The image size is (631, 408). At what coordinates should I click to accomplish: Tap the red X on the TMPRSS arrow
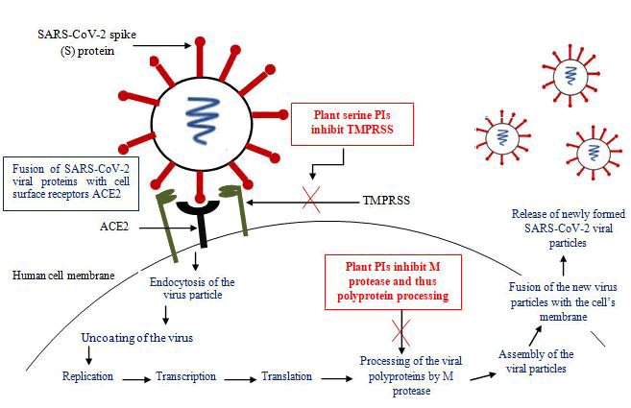[x=310, y=202]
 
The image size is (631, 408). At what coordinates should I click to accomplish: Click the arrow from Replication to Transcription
[x=135, y=376]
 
